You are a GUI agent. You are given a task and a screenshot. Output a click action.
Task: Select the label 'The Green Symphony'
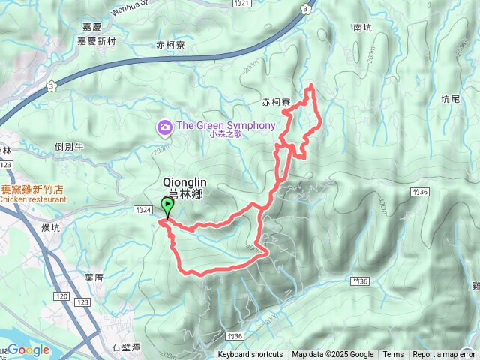[x=226, y=125]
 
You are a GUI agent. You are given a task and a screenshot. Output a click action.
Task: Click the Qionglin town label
[x=183, y=182]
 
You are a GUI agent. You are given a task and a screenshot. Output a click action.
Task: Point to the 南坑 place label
[x=362, y=28]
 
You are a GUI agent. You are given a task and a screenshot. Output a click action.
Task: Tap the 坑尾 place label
[x=450, y=98]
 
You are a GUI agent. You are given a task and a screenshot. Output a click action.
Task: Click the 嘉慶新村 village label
[x=97, y=40]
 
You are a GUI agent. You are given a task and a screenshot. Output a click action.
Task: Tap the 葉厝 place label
[x=94, y=277]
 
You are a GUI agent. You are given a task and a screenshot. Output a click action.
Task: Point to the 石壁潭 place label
[x=125, y=346]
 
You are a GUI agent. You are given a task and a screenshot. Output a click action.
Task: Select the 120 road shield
[x=61, y=297]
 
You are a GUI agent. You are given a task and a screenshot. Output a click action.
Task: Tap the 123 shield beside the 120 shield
[x=82, y=301]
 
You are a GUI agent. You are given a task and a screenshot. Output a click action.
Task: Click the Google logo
[x=27, y=350]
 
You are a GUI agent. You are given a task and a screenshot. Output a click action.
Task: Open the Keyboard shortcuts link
[x=250, y=355]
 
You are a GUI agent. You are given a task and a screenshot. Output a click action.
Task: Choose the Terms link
[x=393, y=355]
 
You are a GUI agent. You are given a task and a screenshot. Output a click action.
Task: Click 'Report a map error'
[x=444, y=355]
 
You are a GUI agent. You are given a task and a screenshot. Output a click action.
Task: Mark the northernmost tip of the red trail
[x=310, y=85]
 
